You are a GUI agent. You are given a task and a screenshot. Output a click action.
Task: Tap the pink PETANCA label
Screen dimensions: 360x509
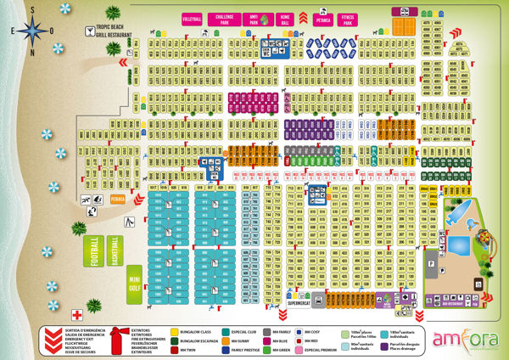click(x=318, y=18)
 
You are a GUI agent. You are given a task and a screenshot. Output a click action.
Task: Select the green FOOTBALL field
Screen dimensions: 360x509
click(x=97, y=250)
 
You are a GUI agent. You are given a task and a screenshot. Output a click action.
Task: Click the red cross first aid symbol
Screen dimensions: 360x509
click(x=76, y=312)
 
